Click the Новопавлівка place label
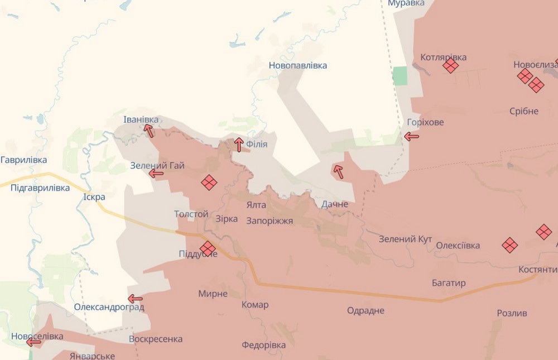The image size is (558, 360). coord(297,65)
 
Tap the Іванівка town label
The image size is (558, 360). coord(141,119)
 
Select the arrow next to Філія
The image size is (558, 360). coord(239,145)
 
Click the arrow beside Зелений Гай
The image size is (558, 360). coord(156,174)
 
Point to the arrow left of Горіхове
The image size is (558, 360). coord(412,136)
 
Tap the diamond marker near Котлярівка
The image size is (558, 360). coord(450,66)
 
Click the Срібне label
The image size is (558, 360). coord(524,111)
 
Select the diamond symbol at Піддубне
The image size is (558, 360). coord(208,248)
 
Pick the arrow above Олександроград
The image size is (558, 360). coord(135,299)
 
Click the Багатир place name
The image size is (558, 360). coord(449,283)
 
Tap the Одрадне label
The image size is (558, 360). coord(365,310)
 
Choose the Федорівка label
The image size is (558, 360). coord(263,345)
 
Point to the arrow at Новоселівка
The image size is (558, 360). coord(33,342)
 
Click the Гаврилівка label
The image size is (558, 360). coord(23,160)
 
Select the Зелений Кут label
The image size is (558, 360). coord(405,239)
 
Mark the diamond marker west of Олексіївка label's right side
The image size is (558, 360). coord(509,244)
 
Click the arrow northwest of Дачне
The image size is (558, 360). coord(338,171)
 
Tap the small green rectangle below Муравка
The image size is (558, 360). coord(400,76)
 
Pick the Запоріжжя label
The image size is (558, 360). coord(269,220)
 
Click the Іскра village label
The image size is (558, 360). coord(94,197)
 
